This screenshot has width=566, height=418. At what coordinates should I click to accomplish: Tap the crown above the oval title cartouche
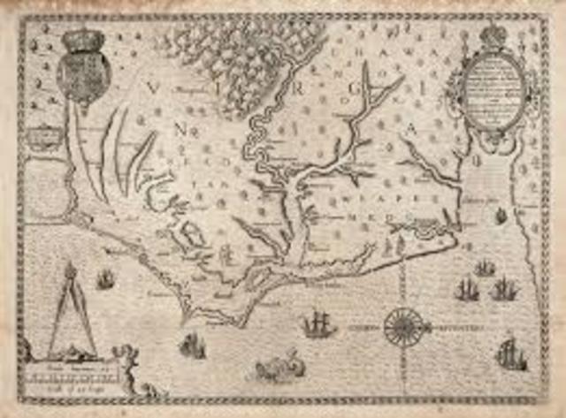coord(493,35)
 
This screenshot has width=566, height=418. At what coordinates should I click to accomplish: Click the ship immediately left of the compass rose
coord(318,324)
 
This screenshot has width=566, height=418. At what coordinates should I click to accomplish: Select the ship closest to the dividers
coord(106,280)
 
